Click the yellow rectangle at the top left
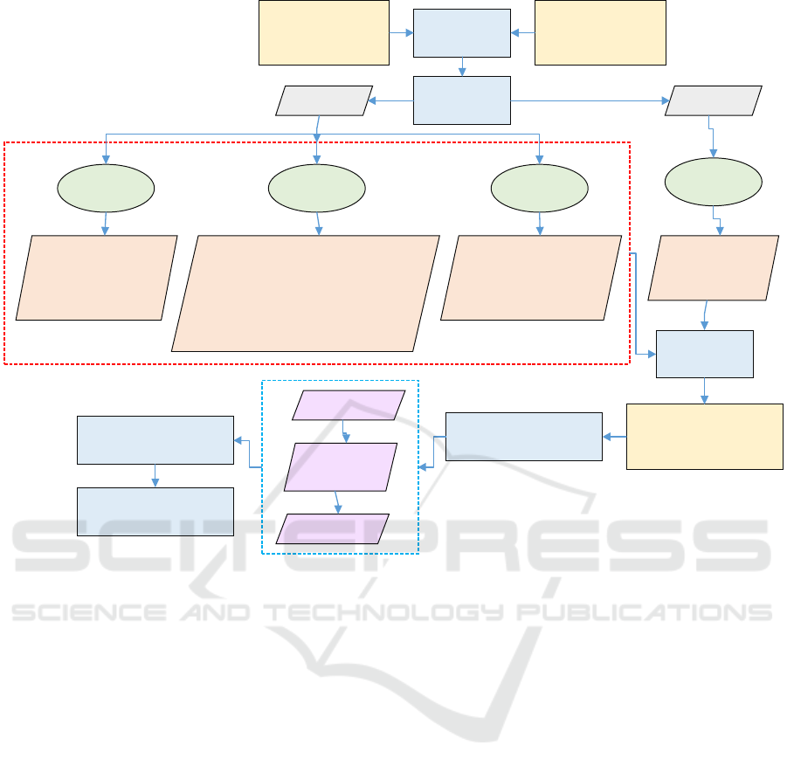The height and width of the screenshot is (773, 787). coord(323,32)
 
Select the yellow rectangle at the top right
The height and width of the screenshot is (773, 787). coord(600,32)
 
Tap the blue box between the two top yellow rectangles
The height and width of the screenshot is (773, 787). coord(461,33)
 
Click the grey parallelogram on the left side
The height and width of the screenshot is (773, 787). coord(324,100)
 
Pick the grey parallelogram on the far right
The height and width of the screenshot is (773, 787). coord(714,100)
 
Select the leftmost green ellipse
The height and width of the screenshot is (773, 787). coord(106,187)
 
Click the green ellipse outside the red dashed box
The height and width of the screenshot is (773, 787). coord(714,182)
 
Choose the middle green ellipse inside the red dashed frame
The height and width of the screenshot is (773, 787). coord(316,187)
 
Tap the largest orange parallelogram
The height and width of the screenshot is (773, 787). coord(306,293)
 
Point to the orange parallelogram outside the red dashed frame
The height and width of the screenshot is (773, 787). coord(713,268)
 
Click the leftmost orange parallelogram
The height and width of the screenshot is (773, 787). coord(97,277)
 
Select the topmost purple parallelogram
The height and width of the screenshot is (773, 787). coord(349,405)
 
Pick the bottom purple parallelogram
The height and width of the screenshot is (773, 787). coord(333,528)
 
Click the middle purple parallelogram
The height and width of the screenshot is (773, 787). coord(342,466)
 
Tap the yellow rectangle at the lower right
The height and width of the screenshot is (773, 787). coord(704,437)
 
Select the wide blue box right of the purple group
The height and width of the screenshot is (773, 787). coord(523,437)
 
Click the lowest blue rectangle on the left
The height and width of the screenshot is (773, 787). coord(155,511)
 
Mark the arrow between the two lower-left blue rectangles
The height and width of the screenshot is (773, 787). coord(155,475)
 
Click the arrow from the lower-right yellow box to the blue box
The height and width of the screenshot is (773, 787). coord(614,437)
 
